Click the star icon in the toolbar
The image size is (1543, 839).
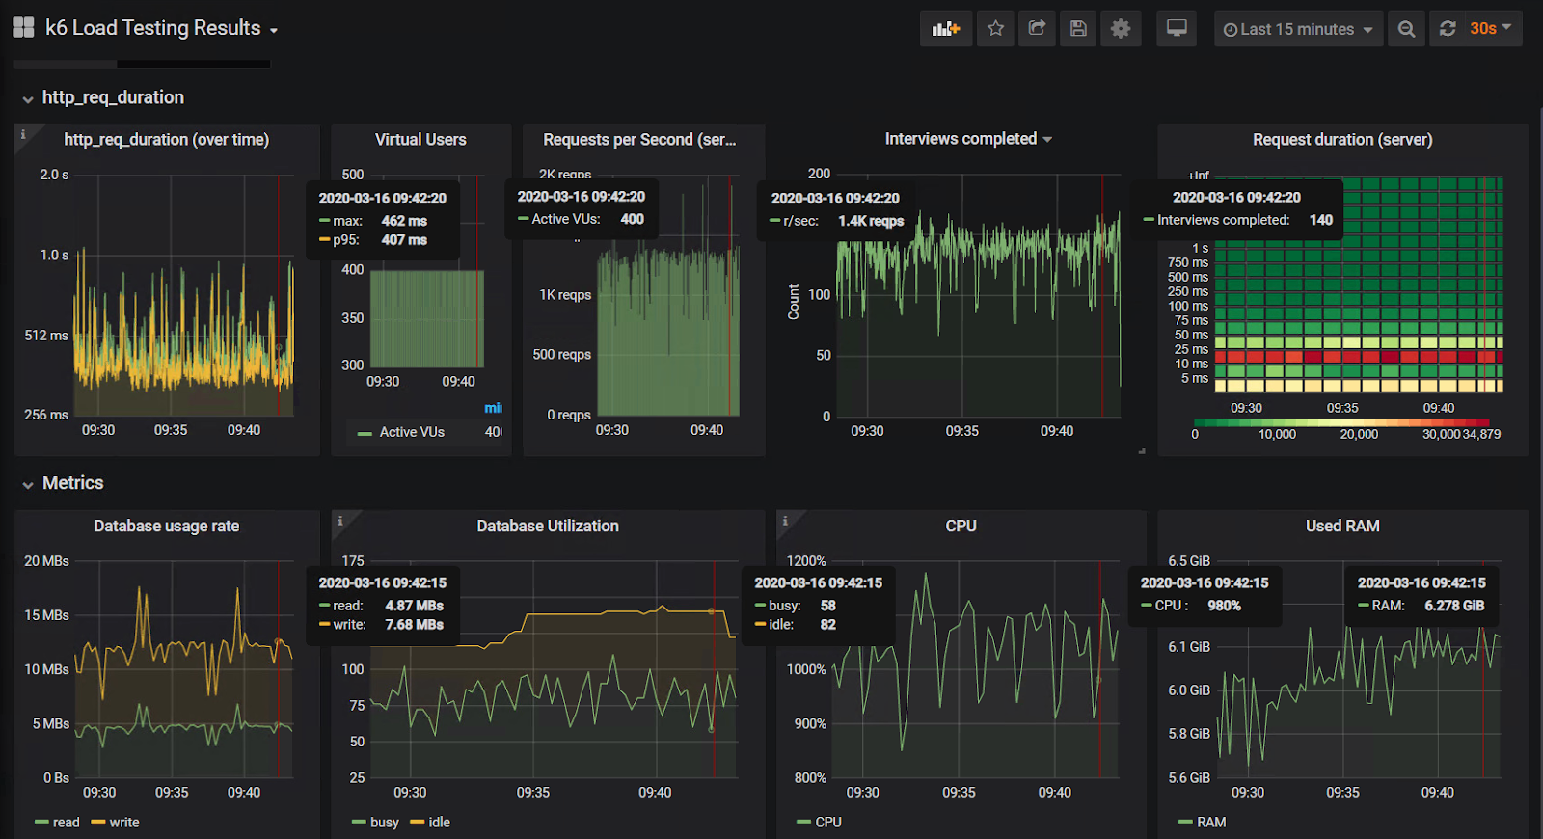(995, 29)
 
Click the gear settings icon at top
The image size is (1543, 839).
(1120, 29)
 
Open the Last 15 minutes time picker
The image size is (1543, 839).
(1297, 29)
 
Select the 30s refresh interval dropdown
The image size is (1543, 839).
(1490, 29)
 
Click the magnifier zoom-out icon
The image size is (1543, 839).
(1406, 29)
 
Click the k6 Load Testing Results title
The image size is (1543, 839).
(153, 28)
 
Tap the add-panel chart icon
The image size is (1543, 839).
(945, 29)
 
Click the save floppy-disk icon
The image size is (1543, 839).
(1078, 29)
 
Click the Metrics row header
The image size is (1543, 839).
(72, 483)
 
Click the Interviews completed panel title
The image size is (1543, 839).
(961, 139)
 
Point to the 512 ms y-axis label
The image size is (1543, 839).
(45, 336)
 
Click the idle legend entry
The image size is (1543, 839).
(439, 823)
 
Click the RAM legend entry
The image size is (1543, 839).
(1210, 823)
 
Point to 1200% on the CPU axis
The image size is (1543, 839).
(806, 561)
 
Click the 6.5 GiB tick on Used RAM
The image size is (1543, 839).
(1188, 561)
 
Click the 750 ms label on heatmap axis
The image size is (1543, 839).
(1187, 262)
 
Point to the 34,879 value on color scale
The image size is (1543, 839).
(1481, 435)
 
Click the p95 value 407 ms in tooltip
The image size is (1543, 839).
(404, 240)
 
